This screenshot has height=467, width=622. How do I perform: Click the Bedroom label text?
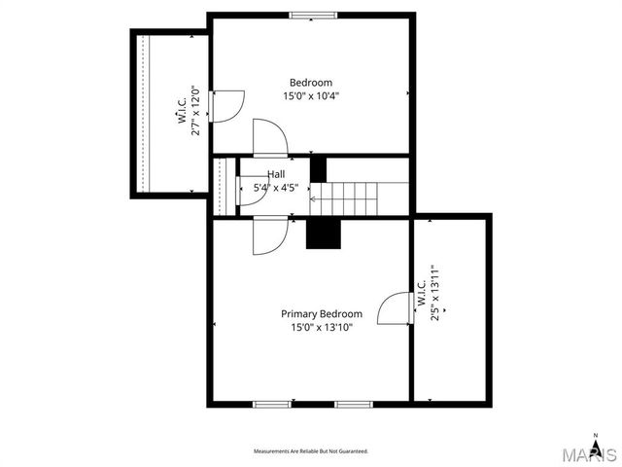pos(311,83)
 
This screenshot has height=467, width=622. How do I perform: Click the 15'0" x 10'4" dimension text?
pos(311,96)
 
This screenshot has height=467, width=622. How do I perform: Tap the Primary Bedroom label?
pos(322,314)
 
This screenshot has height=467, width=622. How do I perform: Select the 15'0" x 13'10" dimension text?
pos(322,328)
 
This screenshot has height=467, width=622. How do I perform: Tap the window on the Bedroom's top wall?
pos(313,16)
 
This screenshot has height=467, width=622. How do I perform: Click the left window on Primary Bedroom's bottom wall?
pos(272,403)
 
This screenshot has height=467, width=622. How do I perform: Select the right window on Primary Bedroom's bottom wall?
pos(354,403)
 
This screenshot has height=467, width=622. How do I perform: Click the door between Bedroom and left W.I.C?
pos(225,105)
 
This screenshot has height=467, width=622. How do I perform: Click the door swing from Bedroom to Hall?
pos(269,138)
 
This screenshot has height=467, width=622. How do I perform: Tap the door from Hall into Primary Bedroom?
pos(269,236)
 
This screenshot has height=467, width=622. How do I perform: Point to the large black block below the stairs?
pos(324,233)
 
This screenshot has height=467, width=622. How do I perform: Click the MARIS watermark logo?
pos(588,454)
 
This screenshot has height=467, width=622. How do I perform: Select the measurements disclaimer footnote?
pos(311,451)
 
